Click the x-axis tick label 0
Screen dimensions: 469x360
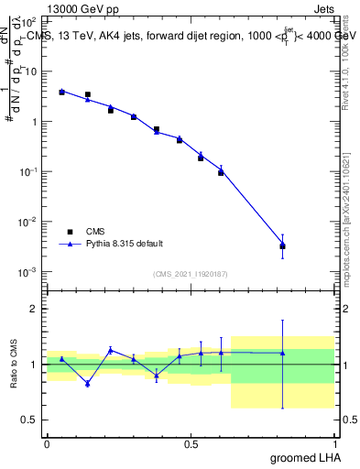click(x=47, y=444)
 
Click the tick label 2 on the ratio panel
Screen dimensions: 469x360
click(x=37, y=309)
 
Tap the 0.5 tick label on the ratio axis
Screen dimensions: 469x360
click(x=32, y=420)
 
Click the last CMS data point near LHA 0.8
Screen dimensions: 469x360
click(x=282, y=245)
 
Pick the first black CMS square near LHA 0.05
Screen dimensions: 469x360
click(x=61, y=93)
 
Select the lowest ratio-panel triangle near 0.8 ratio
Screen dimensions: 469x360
click(x=88, y=383)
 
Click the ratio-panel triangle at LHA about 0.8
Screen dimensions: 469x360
click(x=282, y=353)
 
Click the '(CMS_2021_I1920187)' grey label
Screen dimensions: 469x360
click(x=190, y=274)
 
